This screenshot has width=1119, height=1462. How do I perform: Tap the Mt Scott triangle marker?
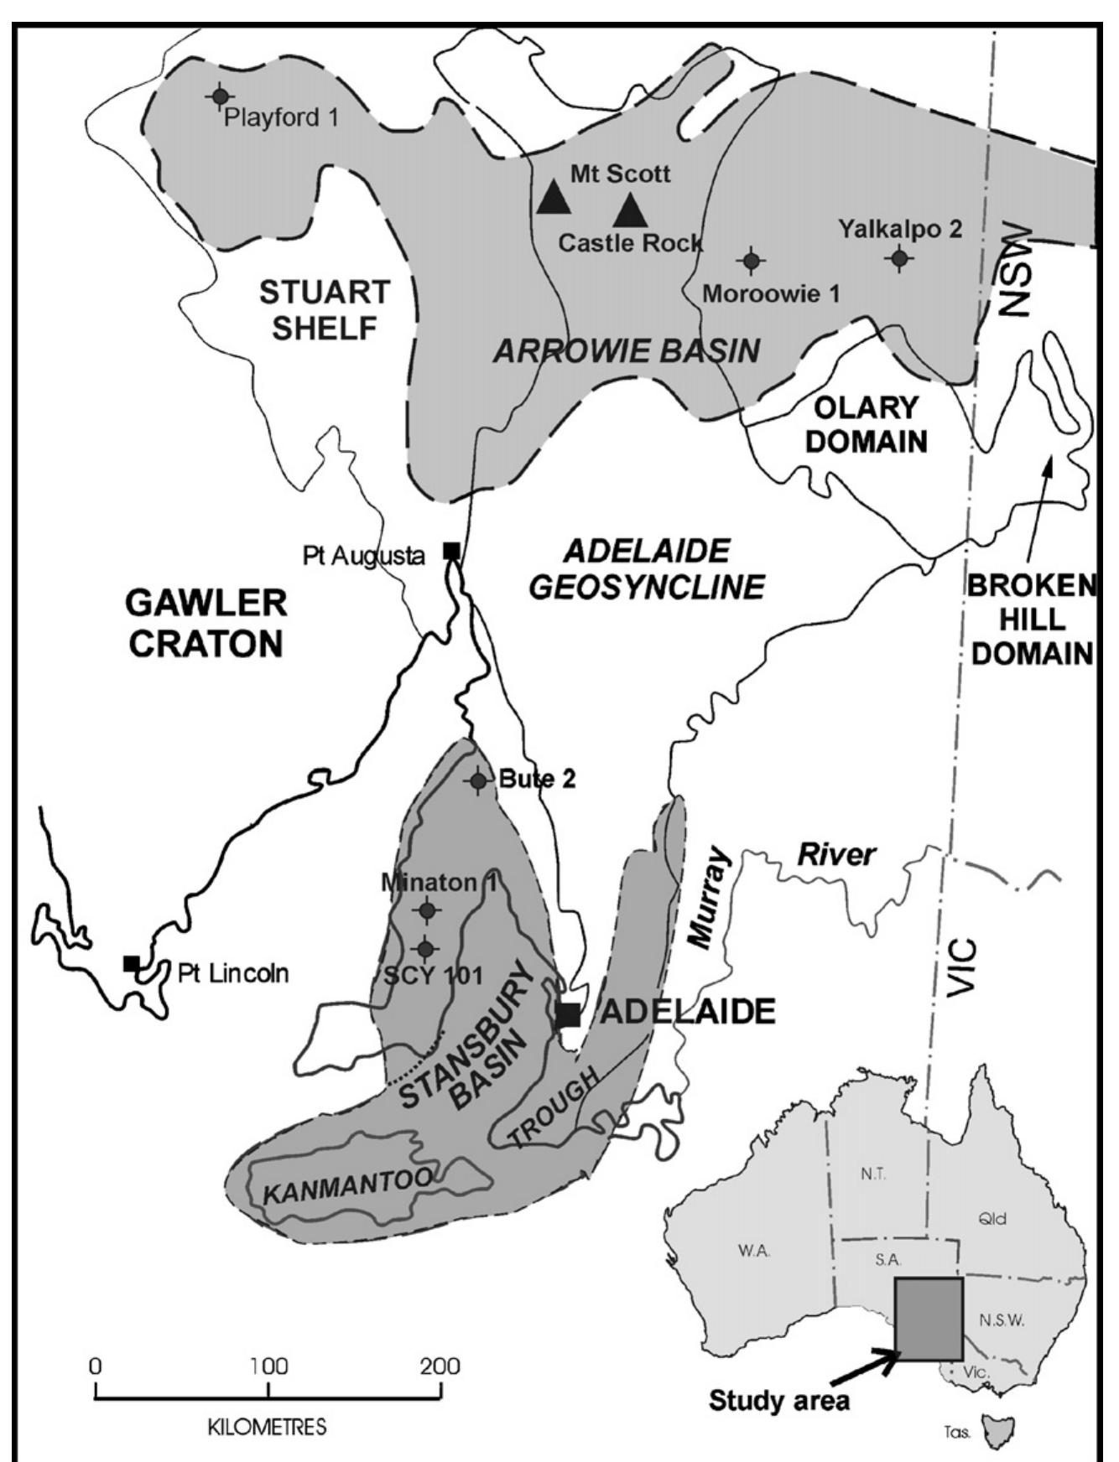(554, 198)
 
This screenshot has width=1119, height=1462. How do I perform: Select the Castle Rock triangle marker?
(631, 210)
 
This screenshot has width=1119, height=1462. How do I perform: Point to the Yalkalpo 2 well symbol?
(900, 259)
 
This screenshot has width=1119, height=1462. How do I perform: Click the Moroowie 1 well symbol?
(752, 262)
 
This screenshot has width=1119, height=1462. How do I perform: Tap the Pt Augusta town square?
(451, 551)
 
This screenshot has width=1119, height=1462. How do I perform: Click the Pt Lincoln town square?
(131, 962)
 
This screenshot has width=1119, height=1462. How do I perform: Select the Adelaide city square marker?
(568, 1014)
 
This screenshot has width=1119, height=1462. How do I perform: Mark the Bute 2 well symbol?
(478, 780)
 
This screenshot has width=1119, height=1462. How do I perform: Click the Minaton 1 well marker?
(426, 910)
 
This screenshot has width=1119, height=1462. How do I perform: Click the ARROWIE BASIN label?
(626, 350)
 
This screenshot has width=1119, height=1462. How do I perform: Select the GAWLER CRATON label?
(206, 623)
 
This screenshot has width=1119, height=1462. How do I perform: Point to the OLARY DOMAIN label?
(867, 424)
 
